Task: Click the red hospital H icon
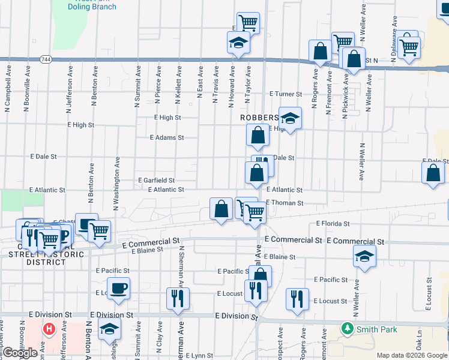point(50,330)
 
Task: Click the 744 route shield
point(46,59)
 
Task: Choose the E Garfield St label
point(156,180)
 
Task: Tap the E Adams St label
point(167,137)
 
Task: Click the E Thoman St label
point(282,203)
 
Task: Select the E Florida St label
point(333,224)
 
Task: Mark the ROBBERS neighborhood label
point(260,118)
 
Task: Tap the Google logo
point(20,353)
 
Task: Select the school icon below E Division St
point(110,329)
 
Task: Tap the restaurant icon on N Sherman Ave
point(177,298)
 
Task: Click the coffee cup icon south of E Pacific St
point(118,288)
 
